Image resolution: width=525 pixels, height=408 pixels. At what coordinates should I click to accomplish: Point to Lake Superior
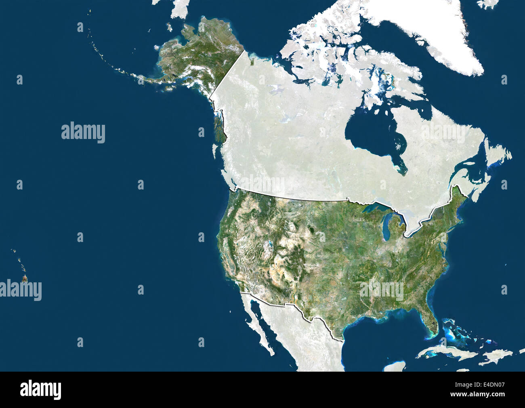(x=374, y=209)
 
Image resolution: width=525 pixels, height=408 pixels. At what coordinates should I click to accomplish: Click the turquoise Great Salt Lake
(x=267, y=244)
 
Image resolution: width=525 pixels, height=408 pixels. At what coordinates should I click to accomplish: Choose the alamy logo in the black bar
(x=40, y=389)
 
